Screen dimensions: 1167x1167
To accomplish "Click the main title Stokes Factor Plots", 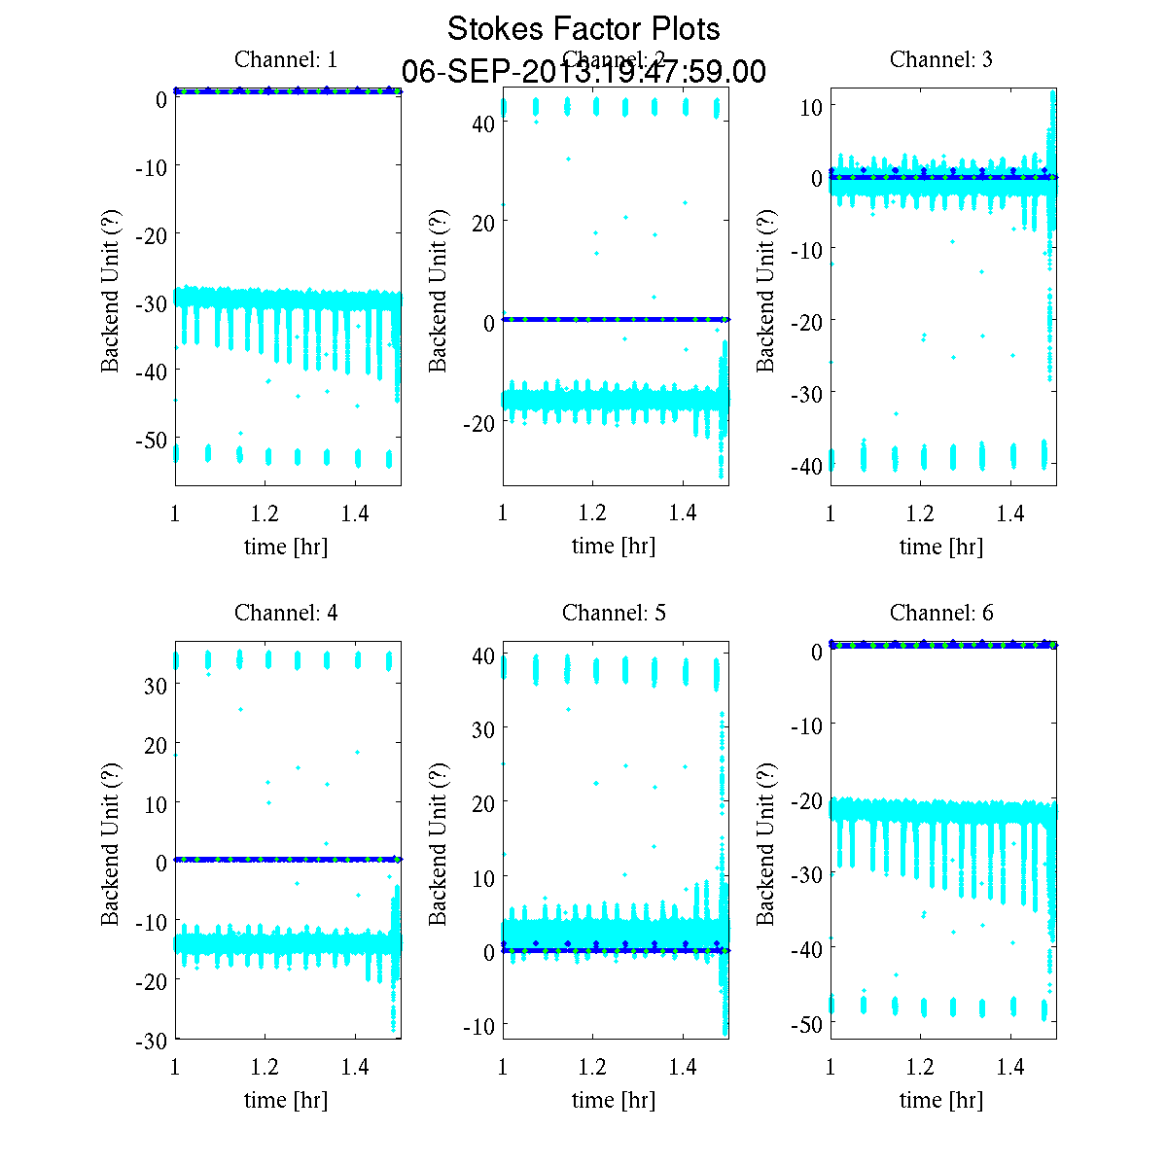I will pyautogui.click(x=583, y=29).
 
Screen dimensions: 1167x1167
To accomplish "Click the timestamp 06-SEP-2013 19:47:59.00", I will pyautogui.click(x=583, y=72).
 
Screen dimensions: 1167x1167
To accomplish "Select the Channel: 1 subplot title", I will pyautogui.click(x=286, y=59).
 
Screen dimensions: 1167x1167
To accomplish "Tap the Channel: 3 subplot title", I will pyautogui.click(x=941, y=59).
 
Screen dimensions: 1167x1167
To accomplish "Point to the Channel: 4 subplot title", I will pyautogui.click(x=286, y=613).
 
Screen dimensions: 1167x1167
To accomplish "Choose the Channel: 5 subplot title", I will pyautogui.click(x=614, y=613).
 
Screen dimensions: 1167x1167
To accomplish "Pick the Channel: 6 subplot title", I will pyautogui.click(x=941, y=613).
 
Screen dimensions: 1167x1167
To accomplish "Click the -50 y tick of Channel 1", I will pyautogui.click(x=150, y=440).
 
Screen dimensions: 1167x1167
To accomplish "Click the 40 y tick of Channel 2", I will pyautogui.click(x=483, y=123).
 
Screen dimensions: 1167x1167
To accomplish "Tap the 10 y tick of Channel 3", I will pyautogui.click(x=811, y=106).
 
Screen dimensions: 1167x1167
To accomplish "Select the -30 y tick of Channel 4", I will pyautogui.click(x=150, y=1041).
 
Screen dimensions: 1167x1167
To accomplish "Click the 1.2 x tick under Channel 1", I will pyautogui.click(x=265, y=513).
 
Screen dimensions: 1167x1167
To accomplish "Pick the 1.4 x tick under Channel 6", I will pyautogui.click(x=1010, y=1067).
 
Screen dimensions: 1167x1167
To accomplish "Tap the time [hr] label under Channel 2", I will pyautogui.click(x=614, y=547).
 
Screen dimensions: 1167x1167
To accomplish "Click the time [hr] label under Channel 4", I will pyautogui.click(x=286, y=1100).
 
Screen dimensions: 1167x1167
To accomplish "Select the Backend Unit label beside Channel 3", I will pyautogui.click(x=766, y=290).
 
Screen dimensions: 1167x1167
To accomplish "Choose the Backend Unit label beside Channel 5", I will pyautogui.click(x=439, y=843).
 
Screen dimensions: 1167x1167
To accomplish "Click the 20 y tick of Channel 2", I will pyautogui.click(x=483, y=223).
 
